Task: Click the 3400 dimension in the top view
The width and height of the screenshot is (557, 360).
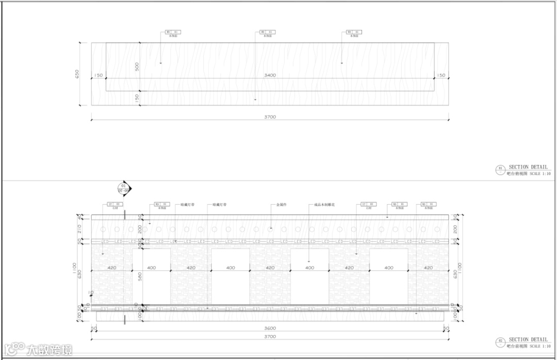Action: (x=270, y=75)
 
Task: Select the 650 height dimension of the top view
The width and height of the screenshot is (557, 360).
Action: (x=78, y=74)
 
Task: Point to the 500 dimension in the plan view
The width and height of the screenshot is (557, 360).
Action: (x=137, y=67)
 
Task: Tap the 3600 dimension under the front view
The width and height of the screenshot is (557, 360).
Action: (x=270, y=328)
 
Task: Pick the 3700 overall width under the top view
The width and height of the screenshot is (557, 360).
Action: (x=270, y=117)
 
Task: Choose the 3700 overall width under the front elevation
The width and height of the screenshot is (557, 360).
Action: (x=270, y=336)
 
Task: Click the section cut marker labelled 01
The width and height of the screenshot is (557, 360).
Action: (x=123, y=187)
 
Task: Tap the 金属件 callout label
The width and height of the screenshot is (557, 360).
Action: (x=281, y=205)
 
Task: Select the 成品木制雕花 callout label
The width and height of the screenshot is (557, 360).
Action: (x=325, y=205)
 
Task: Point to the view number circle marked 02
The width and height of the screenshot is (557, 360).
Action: (x=500, y=341)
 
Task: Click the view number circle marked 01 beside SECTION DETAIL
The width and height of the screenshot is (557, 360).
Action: (x=500, y=168)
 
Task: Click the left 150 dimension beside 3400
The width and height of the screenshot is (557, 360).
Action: (x=98, y=75)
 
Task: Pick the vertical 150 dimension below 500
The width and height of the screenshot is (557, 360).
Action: (x=137, y=97)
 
